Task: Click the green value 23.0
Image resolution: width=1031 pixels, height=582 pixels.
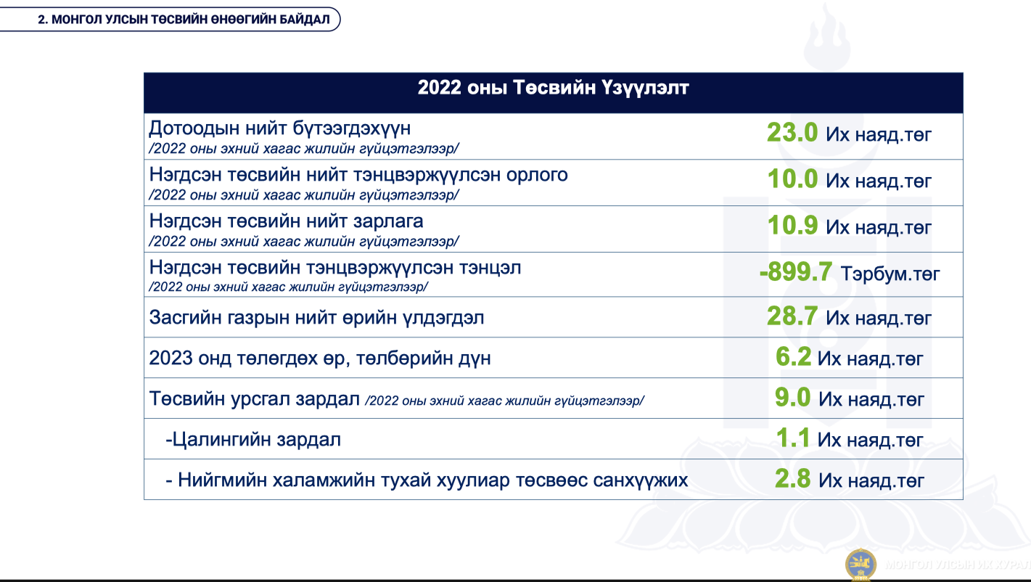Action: pos(792,133)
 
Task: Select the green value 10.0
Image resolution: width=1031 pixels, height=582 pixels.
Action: pos(792,179)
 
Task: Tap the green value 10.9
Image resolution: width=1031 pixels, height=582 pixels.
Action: pos(792,225)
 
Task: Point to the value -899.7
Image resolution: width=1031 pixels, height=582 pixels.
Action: pos(795,271)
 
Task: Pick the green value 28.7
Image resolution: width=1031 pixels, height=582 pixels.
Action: pos(792,316)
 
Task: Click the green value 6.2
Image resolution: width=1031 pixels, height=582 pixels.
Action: pos(793,356)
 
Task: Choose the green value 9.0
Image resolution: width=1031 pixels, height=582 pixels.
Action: pos(792,397)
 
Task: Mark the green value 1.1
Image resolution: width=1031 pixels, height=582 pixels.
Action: pos(792,438)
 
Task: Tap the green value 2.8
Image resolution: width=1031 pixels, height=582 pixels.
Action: pos(792,478)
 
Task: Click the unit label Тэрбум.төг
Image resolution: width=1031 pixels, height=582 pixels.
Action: pos(890,274)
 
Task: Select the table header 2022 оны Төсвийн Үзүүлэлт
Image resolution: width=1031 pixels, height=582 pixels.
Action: pos(554,88)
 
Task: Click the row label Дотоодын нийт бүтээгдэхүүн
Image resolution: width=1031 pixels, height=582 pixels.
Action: pos(280,128)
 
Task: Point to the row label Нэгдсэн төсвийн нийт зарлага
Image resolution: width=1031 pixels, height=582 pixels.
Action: pos(287,221)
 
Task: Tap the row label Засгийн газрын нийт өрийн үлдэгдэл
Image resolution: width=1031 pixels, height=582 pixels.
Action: pos(316,318)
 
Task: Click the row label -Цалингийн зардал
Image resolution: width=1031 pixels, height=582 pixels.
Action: pos(253,440)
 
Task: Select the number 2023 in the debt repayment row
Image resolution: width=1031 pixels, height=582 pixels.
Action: pos(171,358)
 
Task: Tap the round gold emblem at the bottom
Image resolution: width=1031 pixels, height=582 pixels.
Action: pos(860,564)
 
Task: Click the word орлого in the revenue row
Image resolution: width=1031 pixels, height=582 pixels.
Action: pos(537,176)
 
